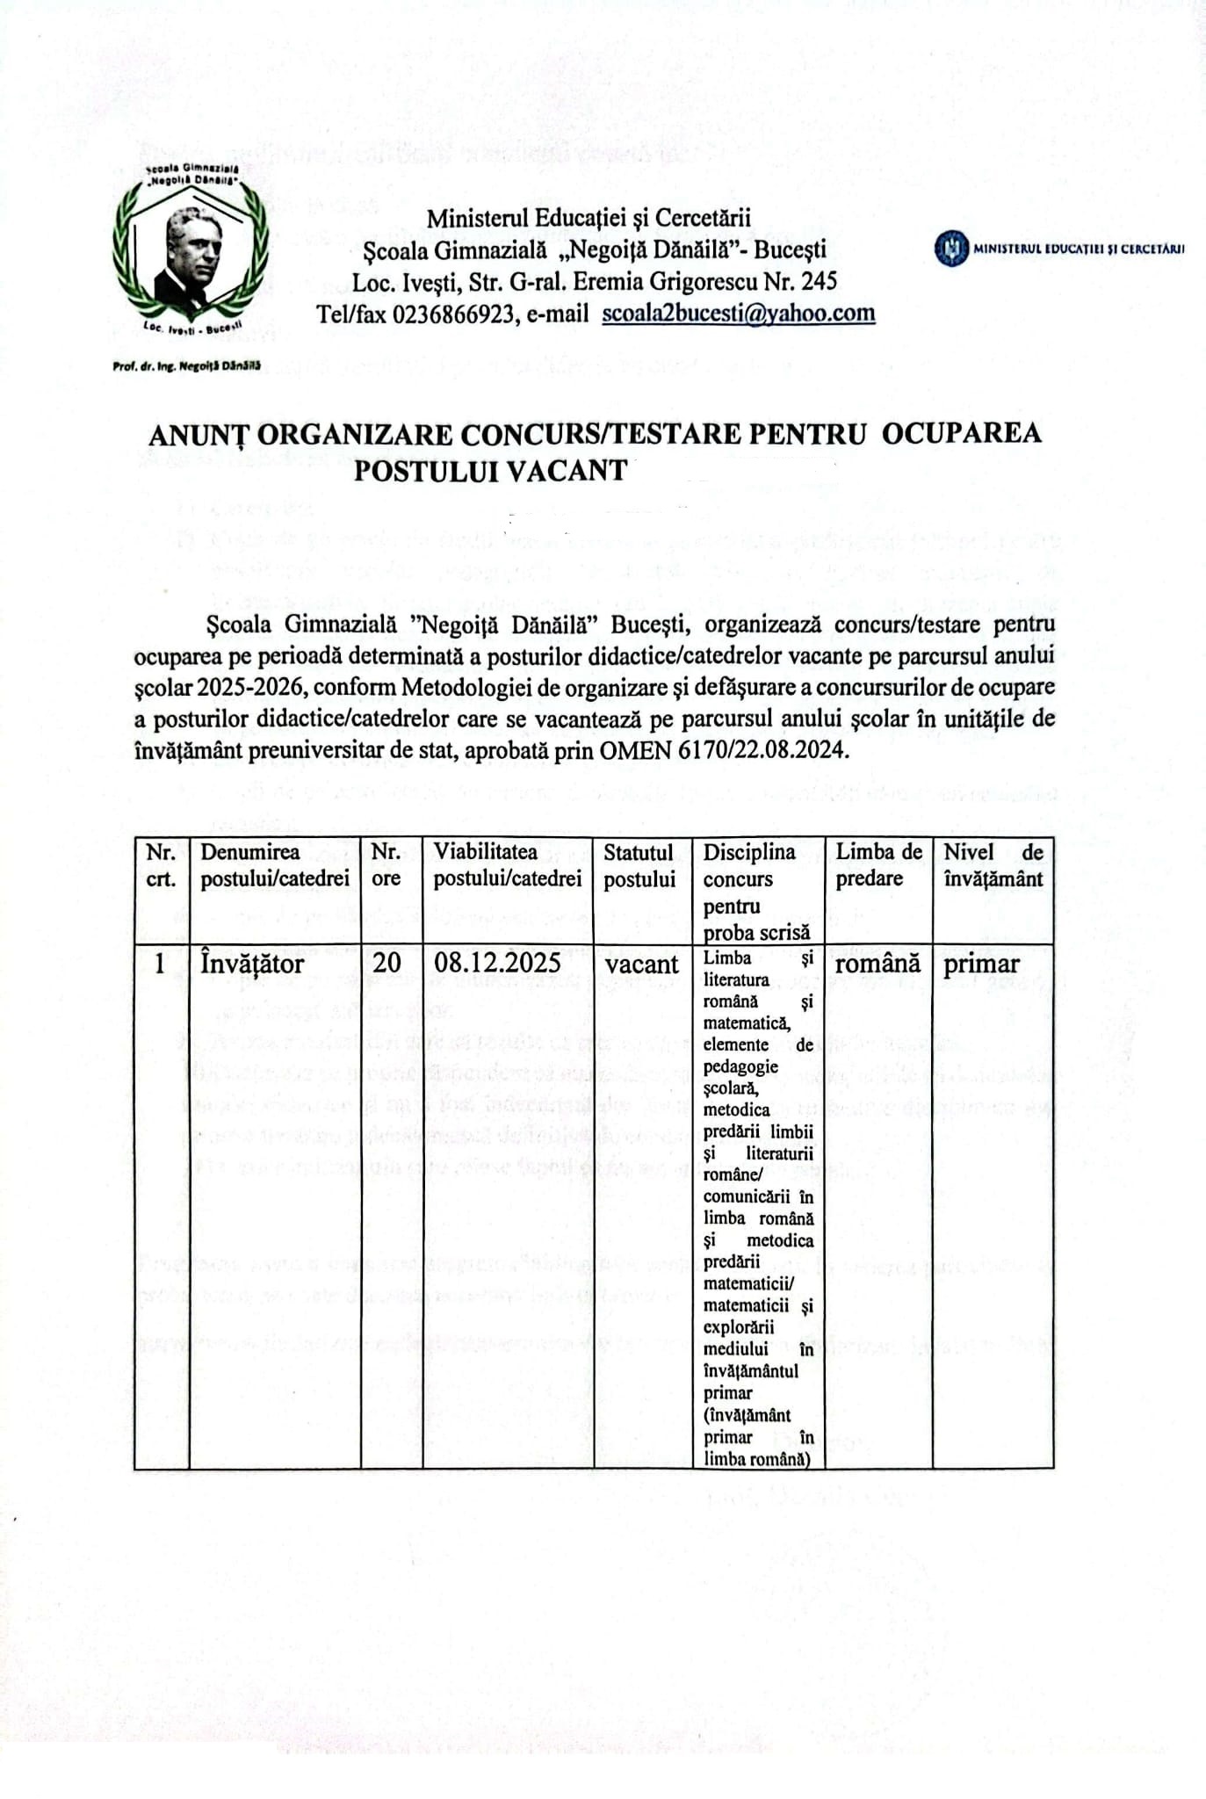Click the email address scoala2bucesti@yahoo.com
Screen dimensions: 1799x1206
click(738, 314)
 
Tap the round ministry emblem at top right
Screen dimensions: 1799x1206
click(951, 249)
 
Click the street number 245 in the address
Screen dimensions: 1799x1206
click(816, 281)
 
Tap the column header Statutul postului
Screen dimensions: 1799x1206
click(639, 865)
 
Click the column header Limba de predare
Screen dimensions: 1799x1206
click(878, 865)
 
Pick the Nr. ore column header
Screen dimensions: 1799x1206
click(386, 865)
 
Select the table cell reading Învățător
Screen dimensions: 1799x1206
click(252, 964)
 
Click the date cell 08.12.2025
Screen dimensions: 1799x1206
click(497, 963)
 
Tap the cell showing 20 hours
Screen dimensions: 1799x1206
click(386, 963)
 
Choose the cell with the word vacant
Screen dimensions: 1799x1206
click(642, 964)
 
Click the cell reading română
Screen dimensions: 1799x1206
click(877, 964)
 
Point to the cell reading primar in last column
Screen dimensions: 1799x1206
click(981, 965)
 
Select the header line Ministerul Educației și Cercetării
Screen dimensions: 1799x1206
click(589, 218)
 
